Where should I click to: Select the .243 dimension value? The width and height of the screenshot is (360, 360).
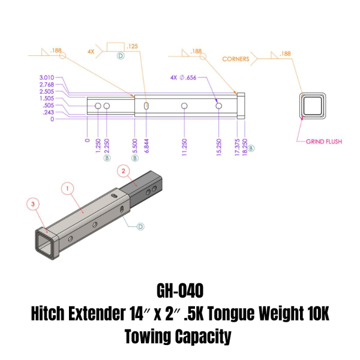[x=48, y=112]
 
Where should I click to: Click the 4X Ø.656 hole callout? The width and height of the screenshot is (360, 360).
[x=183, y=77]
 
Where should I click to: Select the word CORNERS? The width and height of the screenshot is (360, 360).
[x=236, y=59]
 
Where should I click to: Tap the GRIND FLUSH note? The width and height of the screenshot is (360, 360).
[x=323, y=142]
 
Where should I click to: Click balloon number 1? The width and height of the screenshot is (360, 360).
[x=67, y=188]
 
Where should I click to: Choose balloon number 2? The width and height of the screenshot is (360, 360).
[x=124, y=172]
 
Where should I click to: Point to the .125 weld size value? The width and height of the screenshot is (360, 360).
[x=133, y=46]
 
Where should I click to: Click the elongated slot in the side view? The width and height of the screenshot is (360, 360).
[x=146, y=106]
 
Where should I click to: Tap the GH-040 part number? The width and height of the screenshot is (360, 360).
[x=180, y=290]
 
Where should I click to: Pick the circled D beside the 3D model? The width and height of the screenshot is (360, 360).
[x=140, y=226]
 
